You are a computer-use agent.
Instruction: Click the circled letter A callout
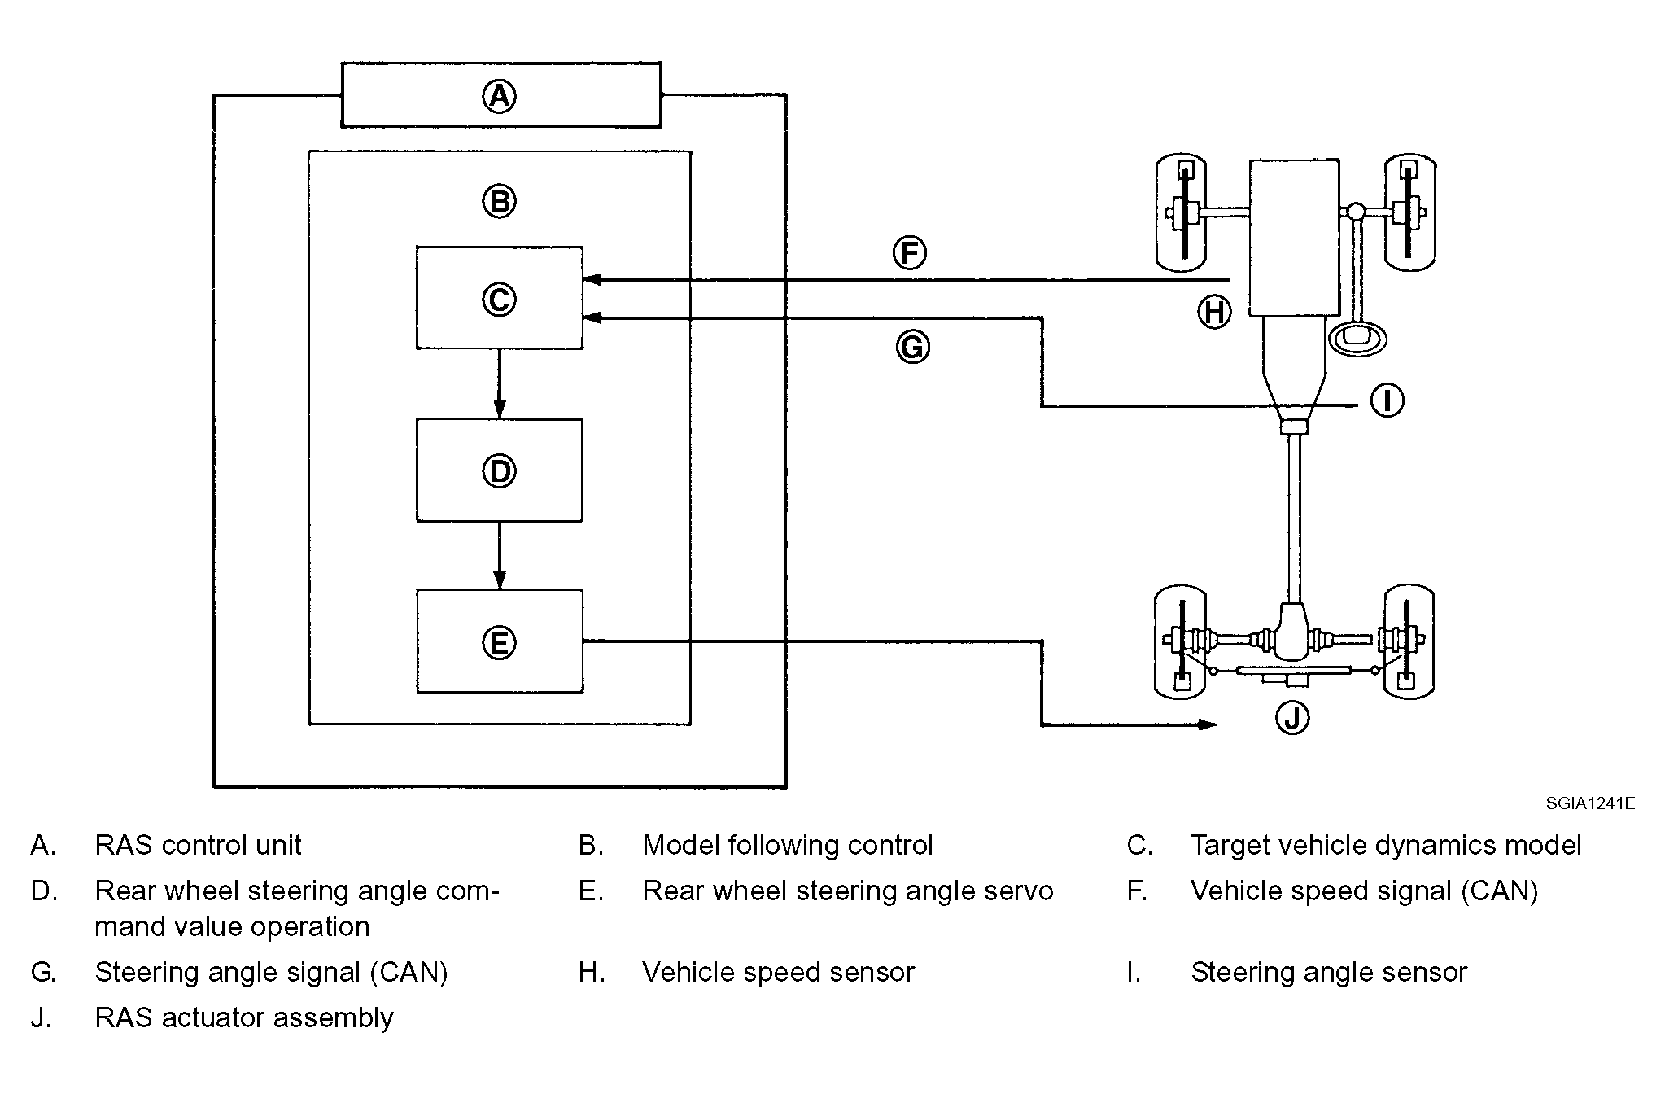(499, 96)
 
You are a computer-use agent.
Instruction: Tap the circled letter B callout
(499, 200)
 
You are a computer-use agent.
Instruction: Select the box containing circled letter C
(500, 298)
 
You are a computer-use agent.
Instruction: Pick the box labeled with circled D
(500, 470)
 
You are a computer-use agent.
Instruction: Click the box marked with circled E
(500, 641)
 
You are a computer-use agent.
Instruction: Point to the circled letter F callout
(910, 252)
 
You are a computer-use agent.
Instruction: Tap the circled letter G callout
(912, 348)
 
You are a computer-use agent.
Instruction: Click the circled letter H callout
(1214, 312)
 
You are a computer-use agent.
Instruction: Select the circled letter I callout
(1387, 400)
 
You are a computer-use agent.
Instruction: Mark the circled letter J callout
(1292, 717)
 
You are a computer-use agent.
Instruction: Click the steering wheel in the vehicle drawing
(1357, 338)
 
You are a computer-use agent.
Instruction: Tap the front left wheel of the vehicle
(1181, 212)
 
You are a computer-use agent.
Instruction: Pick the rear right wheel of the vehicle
(1409, 641)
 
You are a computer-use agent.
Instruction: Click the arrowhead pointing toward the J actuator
(1208, 724)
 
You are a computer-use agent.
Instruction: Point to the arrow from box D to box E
(500, 555)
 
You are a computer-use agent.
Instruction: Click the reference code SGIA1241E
(1590, 804)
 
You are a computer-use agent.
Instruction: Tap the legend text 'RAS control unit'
(198, 845)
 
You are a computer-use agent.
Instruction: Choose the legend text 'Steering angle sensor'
(1329, 972)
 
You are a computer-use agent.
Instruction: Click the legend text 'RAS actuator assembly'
(244, 1017)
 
